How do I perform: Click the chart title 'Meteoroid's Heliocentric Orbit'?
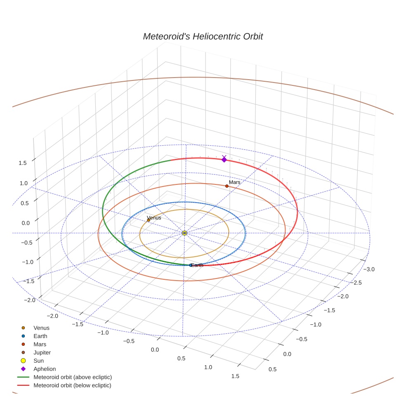tap(203, 37)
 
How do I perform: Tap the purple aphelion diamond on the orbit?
tap(224, 159)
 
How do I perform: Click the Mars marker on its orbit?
tap(227, 186)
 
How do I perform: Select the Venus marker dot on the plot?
tap(149, 220)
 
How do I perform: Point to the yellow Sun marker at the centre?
tap(184, 233)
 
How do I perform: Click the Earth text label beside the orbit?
tap(197, 265)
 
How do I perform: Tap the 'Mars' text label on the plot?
tap(234, 182)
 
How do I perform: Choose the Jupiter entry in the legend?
tap(42, 352)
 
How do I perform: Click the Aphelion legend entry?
tap(45, 369)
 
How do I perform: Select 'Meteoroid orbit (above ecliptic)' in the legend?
tap(73, 377)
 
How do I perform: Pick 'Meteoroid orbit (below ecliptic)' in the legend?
tap(72, 385)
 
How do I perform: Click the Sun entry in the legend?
tap(38, 361)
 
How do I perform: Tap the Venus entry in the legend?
tap(41, 328)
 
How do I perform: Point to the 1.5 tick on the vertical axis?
tap(23, 163)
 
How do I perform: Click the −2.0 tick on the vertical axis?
tap(24, 300)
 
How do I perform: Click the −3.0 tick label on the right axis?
tap(368, 269)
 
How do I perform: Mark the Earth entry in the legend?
tap(40, 336)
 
